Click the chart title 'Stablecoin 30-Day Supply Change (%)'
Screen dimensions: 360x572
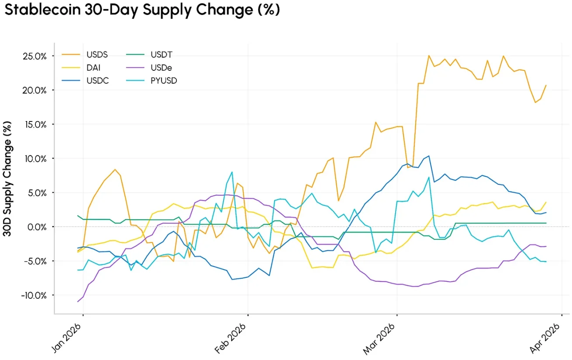tap(142, 10)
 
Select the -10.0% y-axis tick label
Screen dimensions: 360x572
tap(33, 295)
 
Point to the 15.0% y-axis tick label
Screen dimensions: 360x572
tap(34, 125)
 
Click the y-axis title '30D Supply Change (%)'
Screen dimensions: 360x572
tap(7, 179)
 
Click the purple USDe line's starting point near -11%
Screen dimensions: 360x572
tap(78, 301)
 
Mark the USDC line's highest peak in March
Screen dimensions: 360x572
tap(429, 156)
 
